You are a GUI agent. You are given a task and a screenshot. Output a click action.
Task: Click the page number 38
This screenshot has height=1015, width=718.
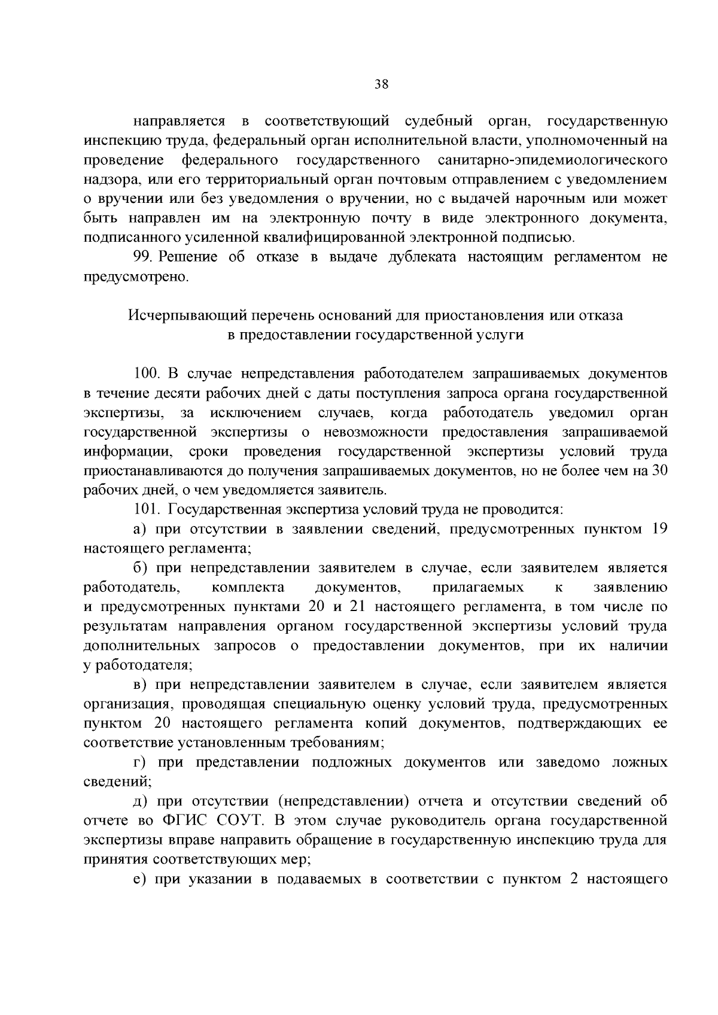point(381,84)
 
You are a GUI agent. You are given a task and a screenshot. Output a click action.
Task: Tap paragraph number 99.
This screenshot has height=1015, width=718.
point(144,258)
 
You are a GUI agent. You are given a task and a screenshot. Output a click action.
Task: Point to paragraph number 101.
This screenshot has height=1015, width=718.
point(147,510)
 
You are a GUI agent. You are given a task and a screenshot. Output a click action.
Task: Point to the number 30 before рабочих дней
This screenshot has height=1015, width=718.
point(659,471)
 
